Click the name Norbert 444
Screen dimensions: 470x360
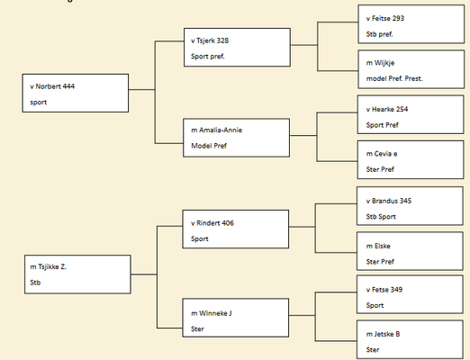[55, 86]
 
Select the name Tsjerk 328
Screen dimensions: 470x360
[212, 40]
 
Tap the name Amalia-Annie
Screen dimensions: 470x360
[221, 130]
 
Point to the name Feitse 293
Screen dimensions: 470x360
[388, 18]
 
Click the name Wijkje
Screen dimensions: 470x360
[384, 63]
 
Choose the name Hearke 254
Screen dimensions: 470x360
[390, 109]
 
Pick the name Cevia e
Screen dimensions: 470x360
[385, 154]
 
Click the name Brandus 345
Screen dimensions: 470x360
[392, 201]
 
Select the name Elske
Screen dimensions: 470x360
[382, 246]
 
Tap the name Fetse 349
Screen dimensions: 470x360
[387, 290]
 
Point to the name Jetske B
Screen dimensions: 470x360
[387, 334]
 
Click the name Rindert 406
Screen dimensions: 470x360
[215, 223]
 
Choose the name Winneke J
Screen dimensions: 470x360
[215, 313]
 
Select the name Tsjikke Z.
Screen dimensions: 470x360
[52, 266]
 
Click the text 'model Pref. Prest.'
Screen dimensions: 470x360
[394, 78]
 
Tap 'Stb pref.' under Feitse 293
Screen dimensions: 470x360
[379, 34]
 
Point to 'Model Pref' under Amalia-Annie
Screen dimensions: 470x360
[209, 146]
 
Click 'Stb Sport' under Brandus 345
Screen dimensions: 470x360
[381, 217]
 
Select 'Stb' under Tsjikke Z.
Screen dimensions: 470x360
[35, 283]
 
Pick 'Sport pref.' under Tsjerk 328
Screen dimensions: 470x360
[208, 57]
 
